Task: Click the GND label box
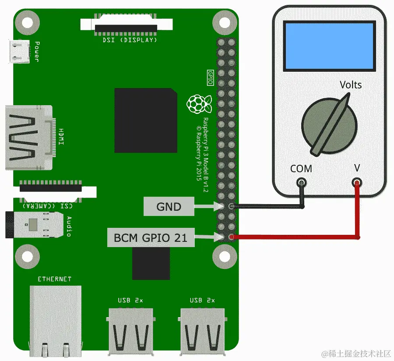[169, 206]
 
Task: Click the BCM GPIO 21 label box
[150, 238]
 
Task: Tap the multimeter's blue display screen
[329, 46]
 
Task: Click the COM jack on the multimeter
[301, 182]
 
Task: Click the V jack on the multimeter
[357, 182]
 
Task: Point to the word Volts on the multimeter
[351, 84]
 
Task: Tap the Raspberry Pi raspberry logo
[199, 104]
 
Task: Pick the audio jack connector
[35, 225]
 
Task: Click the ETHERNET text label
[54, 279]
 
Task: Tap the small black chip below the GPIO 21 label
[151, 263]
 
